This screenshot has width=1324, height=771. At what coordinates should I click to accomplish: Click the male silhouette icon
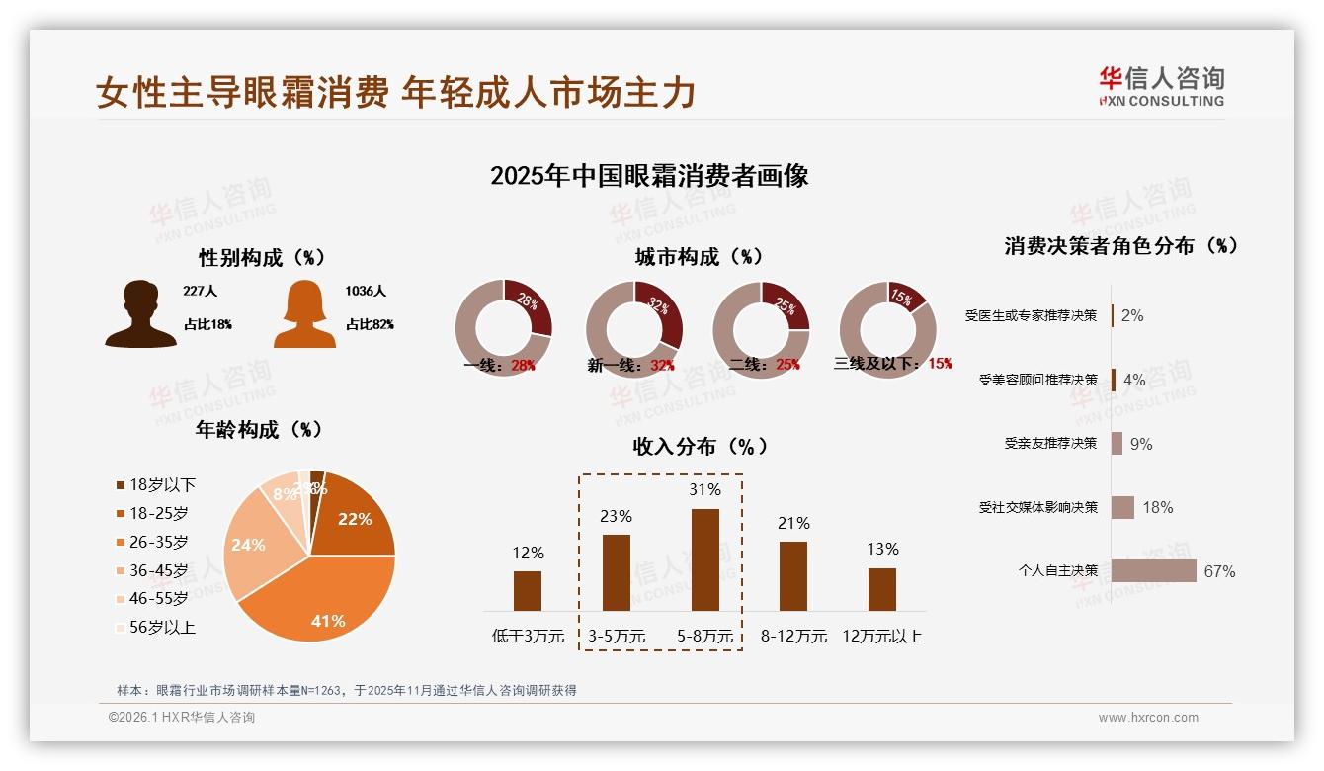coord(140,314)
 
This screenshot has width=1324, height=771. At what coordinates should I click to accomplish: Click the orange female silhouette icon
coord(304,314)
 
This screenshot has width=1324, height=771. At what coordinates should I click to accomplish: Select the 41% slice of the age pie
coord(316,603)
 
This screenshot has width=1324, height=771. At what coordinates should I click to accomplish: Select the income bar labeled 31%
coord(704,559)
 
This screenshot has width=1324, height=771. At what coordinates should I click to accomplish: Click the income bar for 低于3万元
coord(528,590)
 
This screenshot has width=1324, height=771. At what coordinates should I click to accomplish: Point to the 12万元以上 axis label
coord(881,637)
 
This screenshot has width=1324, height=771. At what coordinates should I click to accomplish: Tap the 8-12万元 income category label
coord(793,637)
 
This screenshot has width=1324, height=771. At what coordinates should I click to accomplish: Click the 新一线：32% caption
coord(630,365)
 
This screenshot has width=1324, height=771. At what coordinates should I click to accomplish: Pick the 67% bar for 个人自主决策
coord(1153,571)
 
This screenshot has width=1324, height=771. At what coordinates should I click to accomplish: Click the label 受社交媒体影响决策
coord(1038,507)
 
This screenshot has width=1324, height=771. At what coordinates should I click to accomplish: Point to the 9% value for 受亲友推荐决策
coord(1141,444)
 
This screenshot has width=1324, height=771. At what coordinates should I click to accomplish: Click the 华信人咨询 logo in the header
coord(1161,86)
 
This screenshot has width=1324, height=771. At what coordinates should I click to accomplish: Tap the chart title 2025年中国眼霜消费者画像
coord(649,176)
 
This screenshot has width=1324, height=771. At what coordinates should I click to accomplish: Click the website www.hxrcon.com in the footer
coord(1148,718)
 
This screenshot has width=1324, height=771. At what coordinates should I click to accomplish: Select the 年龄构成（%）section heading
coord(259,430)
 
